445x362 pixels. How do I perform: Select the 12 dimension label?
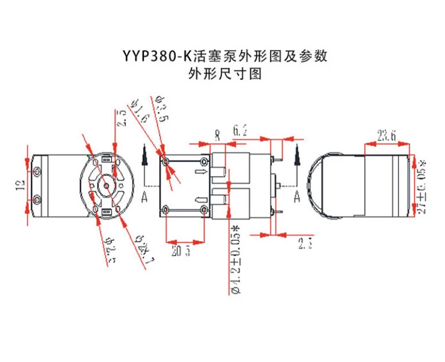[20, 186]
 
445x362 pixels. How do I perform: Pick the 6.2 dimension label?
[240, 130]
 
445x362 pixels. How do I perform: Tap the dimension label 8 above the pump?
[217, 135]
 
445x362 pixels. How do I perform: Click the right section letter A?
[296, 197]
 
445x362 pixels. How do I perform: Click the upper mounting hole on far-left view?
[37, 171]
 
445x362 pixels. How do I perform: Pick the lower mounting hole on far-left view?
[37, 200]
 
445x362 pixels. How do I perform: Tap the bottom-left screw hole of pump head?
[167, 208]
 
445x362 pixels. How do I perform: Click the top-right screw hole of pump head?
[203, 161]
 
